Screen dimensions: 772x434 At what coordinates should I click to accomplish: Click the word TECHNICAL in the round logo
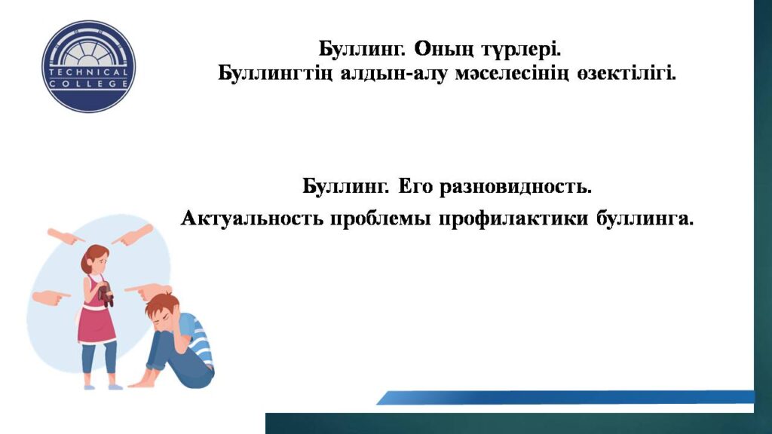click(x=89, y=72)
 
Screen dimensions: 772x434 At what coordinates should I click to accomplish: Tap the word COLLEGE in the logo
click(x=89, y=84)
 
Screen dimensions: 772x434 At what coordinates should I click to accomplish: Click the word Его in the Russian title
click(x=415, y=187)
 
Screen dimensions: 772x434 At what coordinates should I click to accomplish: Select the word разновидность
click(x=515, y=187)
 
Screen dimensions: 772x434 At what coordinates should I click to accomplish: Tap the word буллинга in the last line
click(x=645, y=219)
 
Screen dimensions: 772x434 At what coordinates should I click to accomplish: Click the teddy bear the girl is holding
click(x=106, y=295)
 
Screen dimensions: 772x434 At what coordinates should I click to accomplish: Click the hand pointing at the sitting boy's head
click(x=148, y=291)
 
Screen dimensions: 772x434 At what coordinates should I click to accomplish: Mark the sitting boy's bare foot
click(x=141, y=381)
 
